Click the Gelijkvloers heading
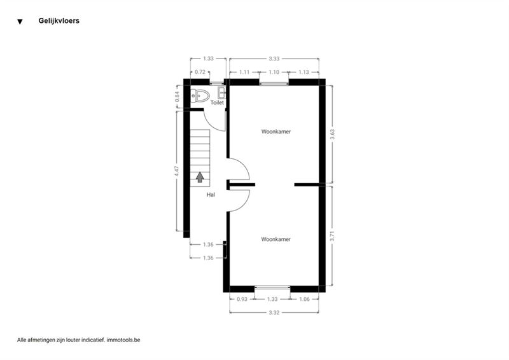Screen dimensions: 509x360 point(59,21)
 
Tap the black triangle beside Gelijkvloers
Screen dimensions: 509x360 point(20,22)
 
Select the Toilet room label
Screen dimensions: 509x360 point(217,102)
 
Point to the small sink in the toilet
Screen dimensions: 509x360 point(221,93)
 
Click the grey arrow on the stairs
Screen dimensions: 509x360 point(200,177)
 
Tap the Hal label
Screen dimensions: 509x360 point(211,195)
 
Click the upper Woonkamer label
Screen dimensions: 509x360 point(276,132)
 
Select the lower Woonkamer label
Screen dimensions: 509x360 point(276,239)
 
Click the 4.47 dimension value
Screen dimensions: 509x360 point(177,171)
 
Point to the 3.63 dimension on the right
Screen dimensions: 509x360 point(332,134)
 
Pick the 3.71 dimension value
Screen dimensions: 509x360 point(332,236)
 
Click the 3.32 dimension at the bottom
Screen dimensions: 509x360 point(274,312)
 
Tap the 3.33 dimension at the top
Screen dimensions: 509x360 point(274,59)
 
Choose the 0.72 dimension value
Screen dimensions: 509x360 point(200,72)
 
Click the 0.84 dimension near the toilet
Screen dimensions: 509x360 point(177,97)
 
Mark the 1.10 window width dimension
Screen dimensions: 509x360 point(274,72)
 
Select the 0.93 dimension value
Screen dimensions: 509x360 point(242,300)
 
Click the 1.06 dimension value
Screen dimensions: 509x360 point(304,300)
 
